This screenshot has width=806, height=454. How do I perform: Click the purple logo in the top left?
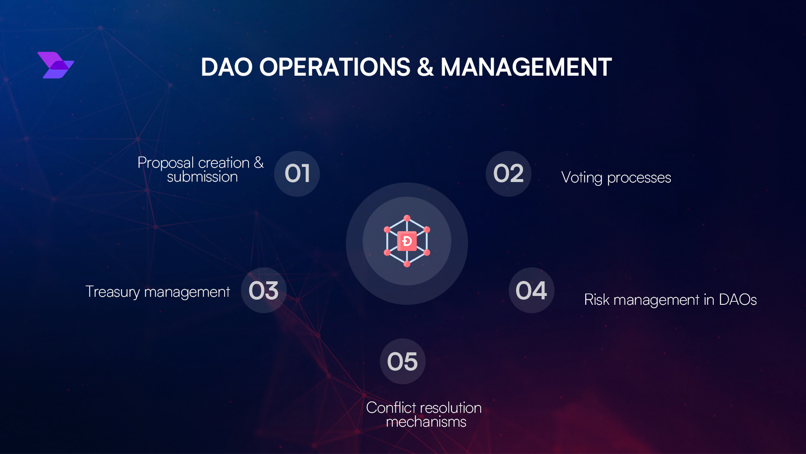click(55, 65)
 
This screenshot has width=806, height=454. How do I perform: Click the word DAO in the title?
click(226, 67)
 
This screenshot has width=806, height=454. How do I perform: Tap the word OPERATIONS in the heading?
click(335, 67)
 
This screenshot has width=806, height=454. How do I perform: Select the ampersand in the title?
click(425, 67)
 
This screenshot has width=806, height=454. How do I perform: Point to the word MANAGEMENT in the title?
click(526, 67)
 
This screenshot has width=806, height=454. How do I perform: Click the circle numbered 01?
click(297, 174)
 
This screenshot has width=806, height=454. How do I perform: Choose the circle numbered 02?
click(508, 174)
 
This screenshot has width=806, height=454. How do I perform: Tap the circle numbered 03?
click(264, 290)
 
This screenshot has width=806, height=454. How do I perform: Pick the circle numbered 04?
click(531, 290)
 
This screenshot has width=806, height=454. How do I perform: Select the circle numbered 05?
click(403, 362)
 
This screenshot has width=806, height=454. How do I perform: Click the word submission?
click(202, 177)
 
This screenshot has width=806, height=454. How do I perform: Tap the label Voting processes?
click(616, 178)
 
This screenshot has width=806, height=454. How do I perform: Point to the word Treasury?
click(113, 292)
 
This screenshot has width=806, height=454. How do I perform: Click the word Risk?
click(597, 300)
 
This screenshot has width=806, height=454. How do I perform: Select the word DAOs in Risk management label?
click(738, 300)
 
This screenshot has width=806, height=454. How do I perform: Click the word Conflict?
click(391, 408)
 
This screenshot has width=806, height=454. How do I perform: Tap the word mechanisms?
click(426, 422)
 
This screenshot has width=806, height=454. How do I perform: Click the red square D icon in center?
click(407, 241)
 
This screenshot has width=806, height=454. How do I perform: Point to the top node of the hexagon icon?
click(407, 218)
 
